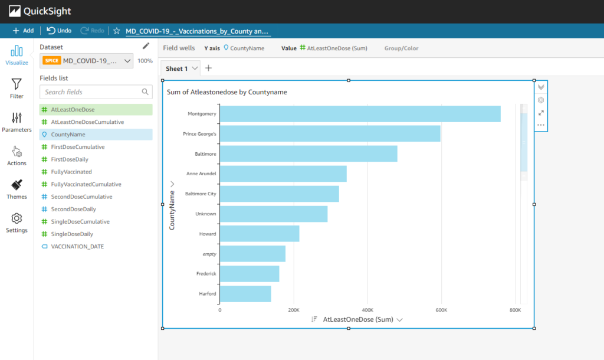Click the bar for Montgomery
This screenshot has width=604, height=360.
tap(360, 114)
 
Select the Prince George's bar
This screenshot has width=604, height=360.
tap(330, 134)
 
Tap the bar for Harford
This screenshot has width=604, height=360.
tap(245, 294)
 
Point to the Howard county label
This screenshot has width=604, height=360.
tap(208, 234)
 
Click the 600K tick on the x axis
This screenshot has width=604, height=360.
tap(441, 309)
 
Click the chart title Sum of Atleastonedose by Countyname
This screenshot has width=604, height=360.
tap(227, 92)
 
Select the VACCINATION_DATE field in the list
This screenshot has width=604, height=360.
tap(77, 247)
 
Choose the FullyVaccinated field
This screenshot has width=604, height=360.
tap(71, 172)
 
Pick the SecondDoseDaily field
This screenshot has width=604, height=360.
tap(73, 209)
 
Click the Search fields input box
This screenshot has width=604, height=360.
tap(91, 92)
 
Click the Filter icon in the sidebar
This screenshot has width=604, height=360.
tap(17, 89)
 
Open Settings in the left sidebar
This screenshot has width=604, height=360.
tap(17, 223)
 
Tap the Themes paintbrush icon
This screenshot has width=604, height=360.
tap(17, 189)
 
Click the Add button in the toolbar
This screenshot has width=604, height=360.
tap(23, 31)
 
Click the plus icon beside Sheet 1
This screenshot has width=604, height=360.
tap(208, 68)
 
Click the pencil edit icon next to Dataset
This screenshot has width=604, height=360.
tap(146, 46)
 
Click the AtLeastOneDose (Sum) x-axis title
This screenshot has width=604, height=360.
tap(357, 319)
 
